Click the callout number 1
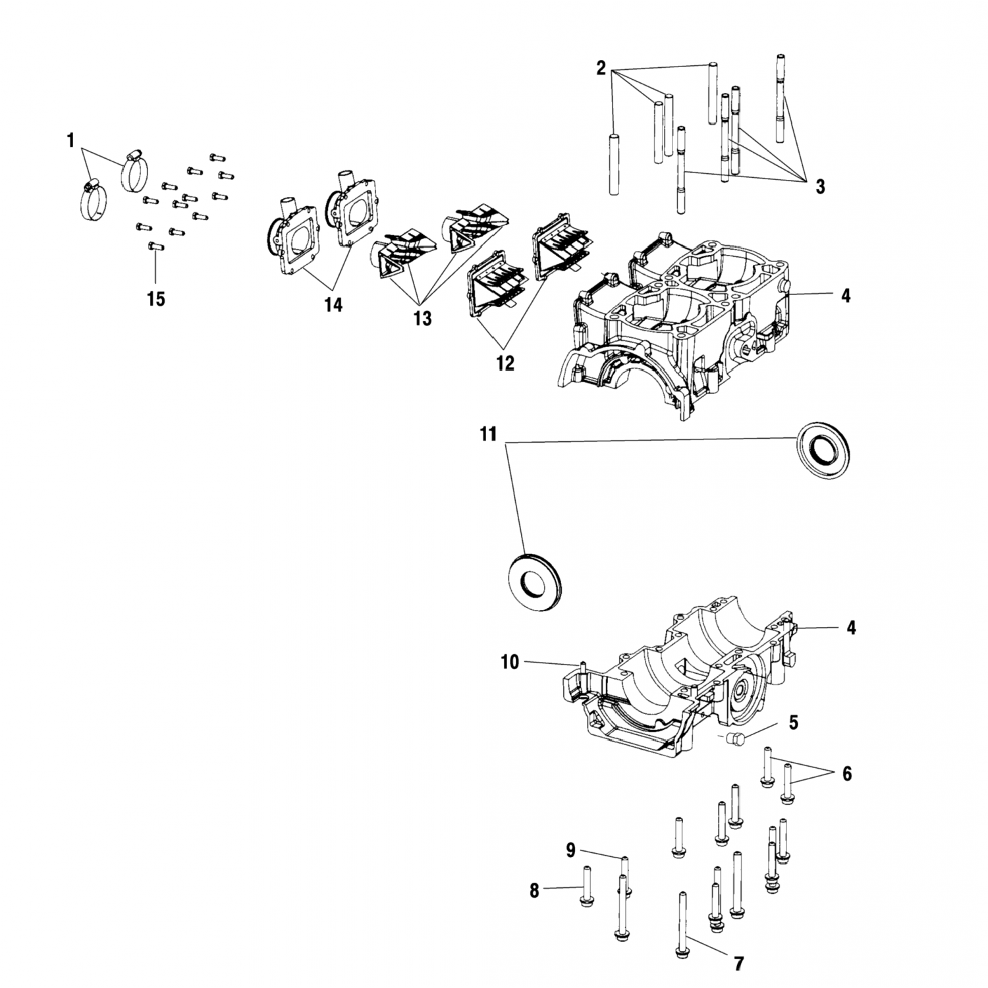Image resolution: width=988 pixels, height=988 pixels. [70, 140]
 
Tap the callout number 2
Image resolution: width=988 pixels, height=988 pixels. [601, 68]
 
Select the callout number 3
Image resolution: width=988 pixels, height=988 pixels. [820, 187]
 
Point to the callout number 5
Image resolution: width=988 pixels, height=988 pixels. [794, 723]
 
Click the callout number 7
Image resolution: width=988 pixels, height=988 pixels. [738, 964]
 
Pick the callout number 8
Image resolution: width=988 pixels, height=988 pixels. [534, 891]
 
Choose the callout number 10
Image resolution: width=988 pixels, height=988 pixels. [510, 662]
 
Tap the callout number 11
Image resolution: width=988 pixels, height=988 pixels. [488, 435]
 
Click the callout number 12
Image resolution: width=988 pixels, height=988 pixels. [505, 362]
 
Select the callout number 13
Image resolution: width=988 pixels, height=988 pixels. [422, 318]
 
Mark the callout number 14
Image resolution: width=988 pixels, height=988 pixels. [333, 305]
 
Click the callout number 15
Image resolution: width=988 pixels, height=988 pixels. [155, 299]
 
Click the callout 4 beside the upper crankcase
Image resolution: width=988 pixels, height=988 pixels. [846, 296]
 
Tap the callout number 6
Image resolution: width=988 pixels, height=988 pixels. [846, 774]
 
